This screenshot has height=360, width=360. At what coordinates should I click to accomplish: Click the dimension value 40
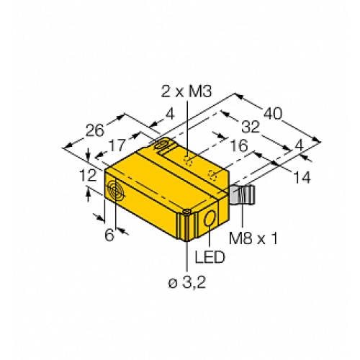[271, 114]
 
